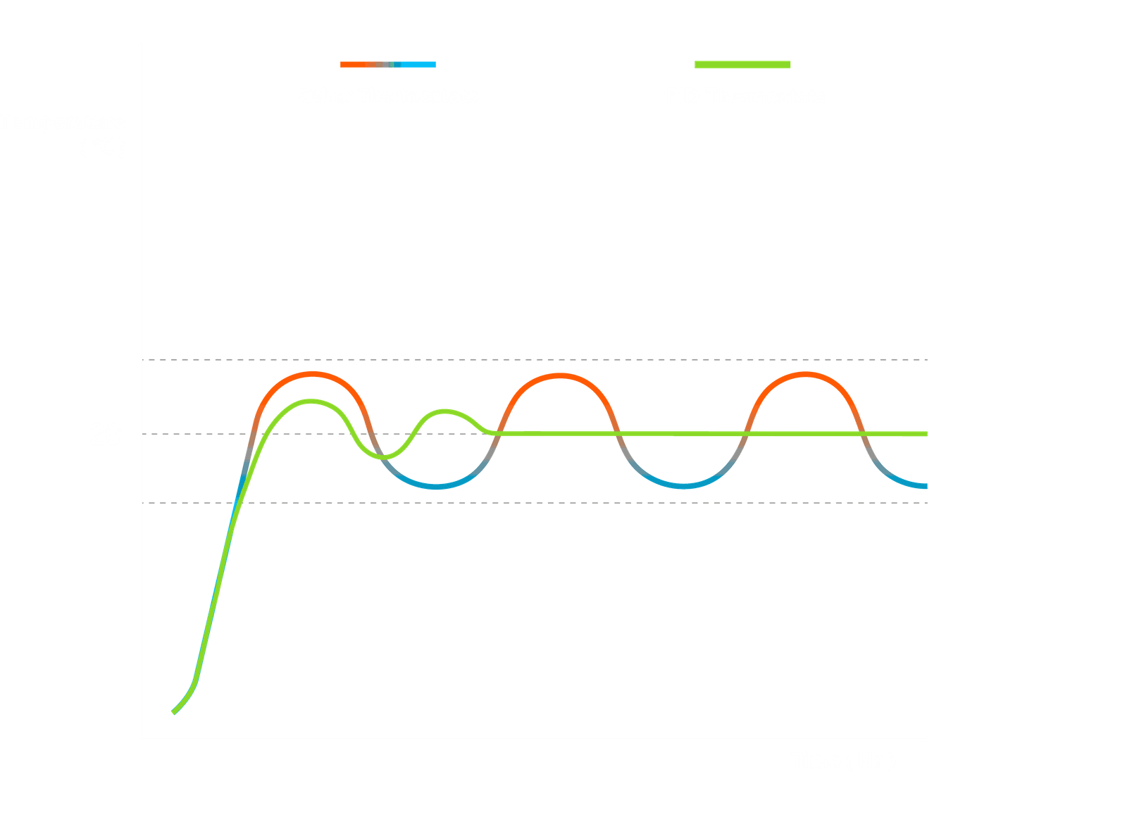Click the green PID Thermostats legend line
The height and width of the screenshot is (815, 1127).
[x=742, y=65]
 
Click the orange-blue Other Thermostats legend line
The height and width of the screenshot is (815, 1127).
[x=388, y=64]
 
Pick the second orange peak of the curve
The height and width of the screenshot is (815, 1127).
[x=559, y=375]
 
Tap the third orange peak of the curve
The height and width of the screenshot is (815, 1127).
[x=805, y=373]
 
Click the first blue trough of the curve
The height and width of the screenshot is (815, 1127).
[x=437, y=486]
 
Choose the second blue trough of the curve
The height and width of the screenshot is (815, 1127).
[x=682, y=485]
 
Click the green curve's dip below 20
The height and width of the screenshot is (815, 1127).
[x=382, y=457]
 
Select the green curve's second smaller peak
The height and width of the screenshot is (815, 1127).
[x=445, y=411]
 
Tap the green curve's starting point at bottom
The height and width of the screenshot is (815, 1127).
[x=173, y=713]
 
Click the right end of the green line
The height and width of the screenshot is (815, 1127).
[x=926, y=434]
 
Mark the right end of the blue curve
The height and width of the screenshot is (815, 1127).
[x=925, y=485]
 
